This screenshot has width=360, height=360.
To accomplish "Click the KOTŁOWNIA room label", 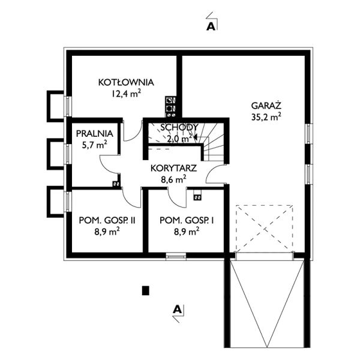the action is pyautogui.click(x=126, y=82).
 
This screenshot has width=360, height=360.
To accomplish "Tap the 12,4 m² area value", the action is pyautogui.click(x=126, y=94).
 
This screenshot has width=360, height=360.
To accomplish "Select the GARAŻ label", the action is pyautogui.click(x=266, y=106).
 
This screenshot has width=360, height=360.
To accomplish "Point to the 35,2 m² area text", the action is pyautogui.click(x=266, y=117).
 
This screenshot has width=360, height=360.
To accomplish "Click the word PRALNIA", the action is pyautogui.click(x=95, y=134).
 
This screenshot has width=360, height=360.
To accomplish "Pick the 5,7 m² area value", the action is pyautogui.click(x=95, y=145).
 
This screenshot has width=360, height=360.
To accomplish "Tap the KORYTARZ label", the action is pyautogui.click(x=173, y=168).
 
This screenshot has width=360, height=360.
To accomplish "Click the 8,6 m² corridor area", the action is pyautogui.click(x=173, y=179).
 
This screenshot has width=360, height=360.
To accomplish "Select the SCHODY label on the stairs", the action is pyautogui.click(x=179, y=127).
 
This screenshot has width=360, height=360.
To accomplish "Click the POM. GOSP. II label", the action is pyautogui.click(x=107, y=220).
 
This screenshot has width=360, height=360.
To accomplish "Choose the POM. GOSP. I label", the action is pyautogui.click(x=187, y=220).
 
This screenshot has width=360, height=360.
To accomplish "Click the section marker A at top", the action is pyautogui.click(x=211, y=26).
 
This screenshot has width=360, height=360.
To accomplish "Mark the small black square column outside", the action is pyautogui.click(x=146, y=290).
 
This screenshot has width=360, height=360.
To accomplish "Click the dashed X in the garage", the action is pyautogui.click(x=265, y=229).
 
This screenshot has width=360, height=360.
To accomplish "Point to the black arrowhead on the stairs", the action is pyautogui.click(x=196, y=137).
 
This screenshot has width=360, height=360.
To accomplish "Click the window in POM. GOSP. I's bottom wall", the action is pyautogui.click(x=176, y=256).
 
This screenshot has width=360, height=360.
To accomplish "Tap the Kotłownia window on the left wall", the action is pyautogui.click(x=68, y=106).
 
